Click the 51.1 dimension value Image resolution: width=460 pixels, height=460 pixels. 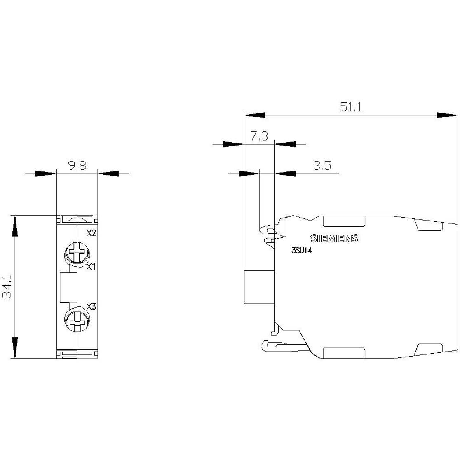tap(351, 107)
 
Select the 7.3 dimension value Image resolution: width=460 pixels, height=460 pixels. tap(259, 136)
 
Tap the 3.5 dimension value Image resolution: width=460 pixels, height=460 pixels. tap(322, 165)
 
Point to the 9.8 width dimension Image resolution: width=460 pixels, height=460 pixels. tap(77, 165)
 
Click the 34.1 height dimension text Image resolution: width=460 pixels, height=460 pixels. tap(7, 287)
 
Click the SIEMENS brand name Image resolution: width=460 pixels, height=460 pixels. tap(334, 238)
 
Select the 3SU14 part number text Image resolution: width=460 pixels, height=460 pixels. tap(302, 251)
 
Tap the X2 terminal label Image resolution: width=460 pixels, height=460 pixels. tap(92, 233)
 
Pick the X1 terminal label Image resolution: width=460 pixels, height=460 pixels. tap(91, 266)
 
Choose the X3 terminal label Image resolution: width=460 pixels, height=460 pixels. tap(92, 307)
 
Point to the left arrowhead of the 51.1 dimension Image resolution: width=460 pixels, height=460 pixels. tap(255, 115)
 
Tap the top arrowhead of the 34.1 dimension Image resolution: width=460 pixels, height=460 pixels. tap(14, 226)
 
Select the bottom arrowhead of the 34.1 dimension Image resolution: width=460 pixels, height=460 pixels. tap(14, 347)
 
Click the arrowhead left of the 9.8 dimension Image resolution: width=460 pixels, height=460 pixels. tap(45, 174)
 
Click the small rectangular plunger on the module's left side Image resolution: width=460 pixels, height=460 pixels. tap(259, 287)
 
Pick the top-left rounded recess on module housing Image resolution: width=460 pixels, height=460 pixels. tap(344, 221)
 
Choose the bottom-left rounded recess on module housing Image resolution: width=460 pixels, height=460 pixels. tap(344, 353)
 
